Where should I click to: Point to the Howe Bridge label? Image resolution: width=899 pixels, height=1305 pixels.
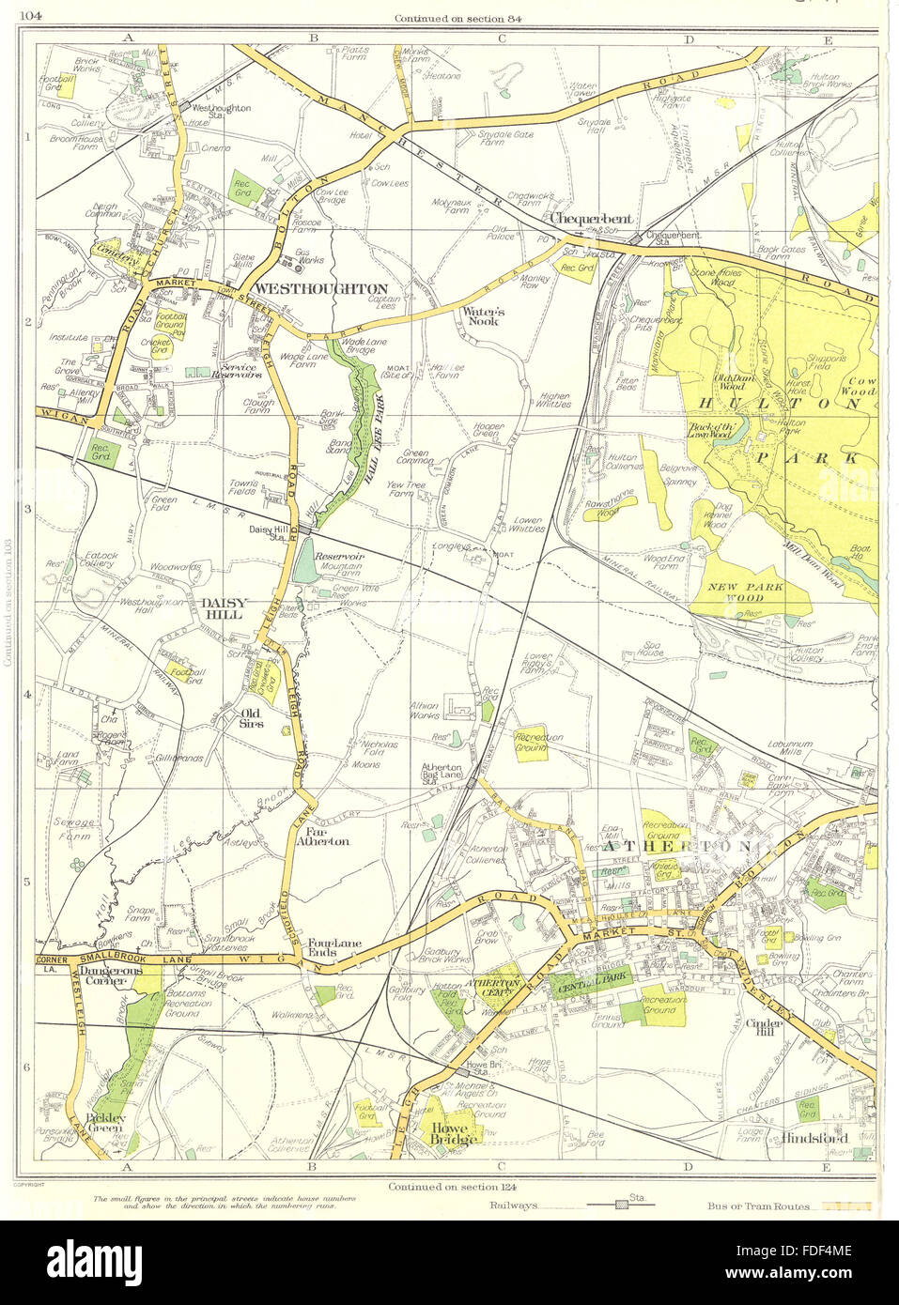click(x=455, y=1132)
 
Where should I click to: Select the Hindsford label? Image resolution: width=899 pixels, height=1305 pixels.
click(x=814, y=1138)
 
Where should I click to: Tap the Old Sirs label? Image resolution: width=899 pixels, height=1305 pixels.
click(x=251, y=718)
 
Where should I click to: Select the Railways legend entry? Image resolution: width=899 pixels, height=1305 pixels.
click(x=511, y=1205)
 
